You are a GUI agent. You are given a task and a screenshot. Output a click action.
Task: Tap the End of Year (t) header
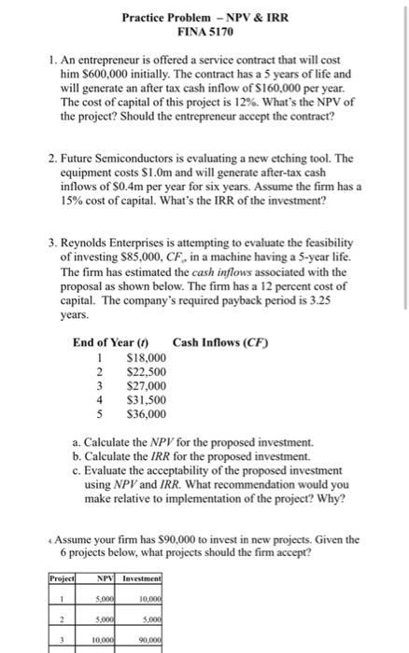[x=113, y=342]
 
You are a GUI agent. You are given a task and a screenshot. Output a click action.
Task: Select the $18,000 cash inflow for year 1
[x=145, y=357]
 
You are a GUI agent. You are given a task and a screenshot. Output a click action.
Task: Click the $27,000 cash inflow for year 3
[x=145, y=384]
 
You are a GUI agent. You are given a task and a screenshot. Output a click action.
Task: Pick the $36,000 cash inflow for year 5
[x=145, y=412]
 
